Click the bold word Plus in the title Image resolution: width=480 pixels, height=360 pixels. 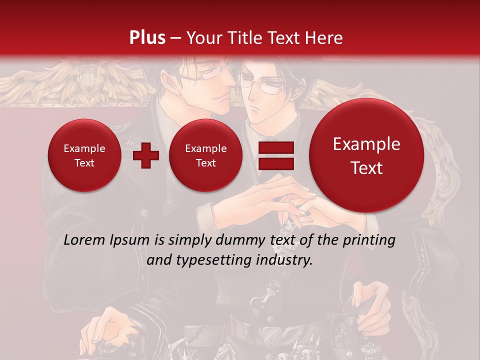(x=147, y=38)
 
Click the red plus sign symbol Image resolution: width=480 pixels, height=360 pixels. (x=146, y=155)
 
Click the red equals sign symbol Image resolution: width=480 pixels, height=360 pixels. (x=275, y=155)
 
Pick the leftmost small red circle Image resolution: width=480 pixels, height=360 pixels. (x=84, y=155)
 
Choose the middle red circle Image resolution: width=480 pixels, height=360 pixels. (x=205, y=155)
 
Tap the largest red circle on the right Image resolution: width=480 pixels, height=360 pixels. (x=366, y=155)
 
